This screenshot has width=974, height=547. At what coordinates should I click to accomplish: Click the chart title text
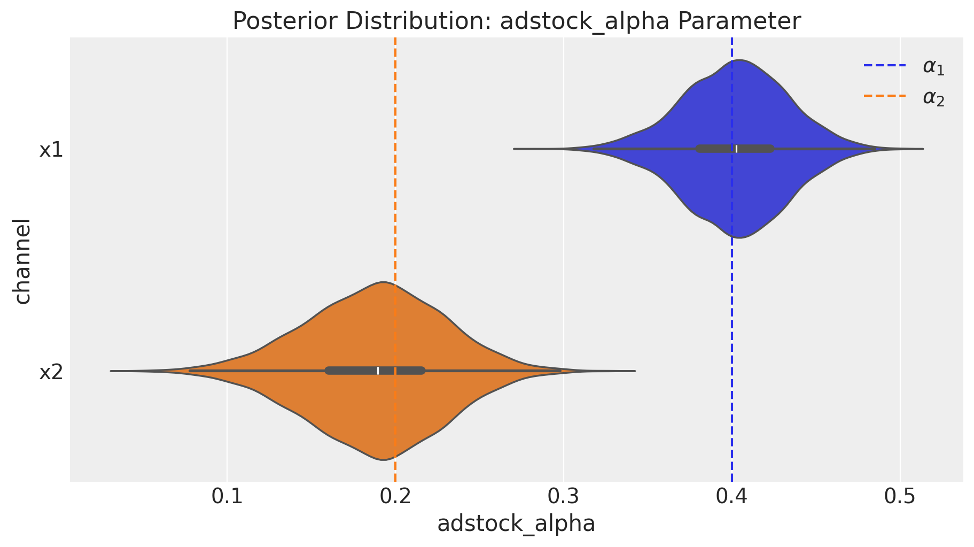click(517, 21)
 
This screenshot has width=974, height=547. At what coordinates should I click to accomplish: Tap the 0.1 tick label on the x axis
click(228, 497)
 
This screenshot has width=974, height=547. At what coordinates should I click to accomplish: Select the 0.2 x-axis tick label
click(395, 497)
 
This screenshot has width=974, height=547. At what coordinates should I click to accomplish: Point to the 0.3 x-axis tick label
click(563, 497)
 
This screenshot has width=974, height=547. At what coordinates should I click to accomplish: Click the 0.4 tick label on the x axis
click(731, 497)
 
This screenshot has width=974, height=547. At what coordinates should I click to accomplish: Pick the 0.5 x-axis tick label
click(900, 497)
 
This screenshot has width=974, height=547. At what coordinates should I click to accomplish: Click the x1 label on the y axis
click(51, 150)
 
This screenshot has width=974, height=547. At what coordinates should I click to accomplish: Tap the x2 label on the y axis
click(51, 372)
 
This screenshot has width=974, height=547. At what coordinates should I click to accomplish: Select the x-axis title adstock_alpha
click(516, 523)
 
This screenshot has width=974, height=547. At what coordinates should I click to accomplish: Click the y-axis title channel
click(22, 260)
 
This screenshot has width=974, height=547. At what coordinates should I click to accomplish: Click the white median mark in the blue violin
click(736, 149)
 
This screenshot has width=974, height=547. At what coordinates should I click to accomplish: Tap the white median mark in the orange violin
click(378, 371)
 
